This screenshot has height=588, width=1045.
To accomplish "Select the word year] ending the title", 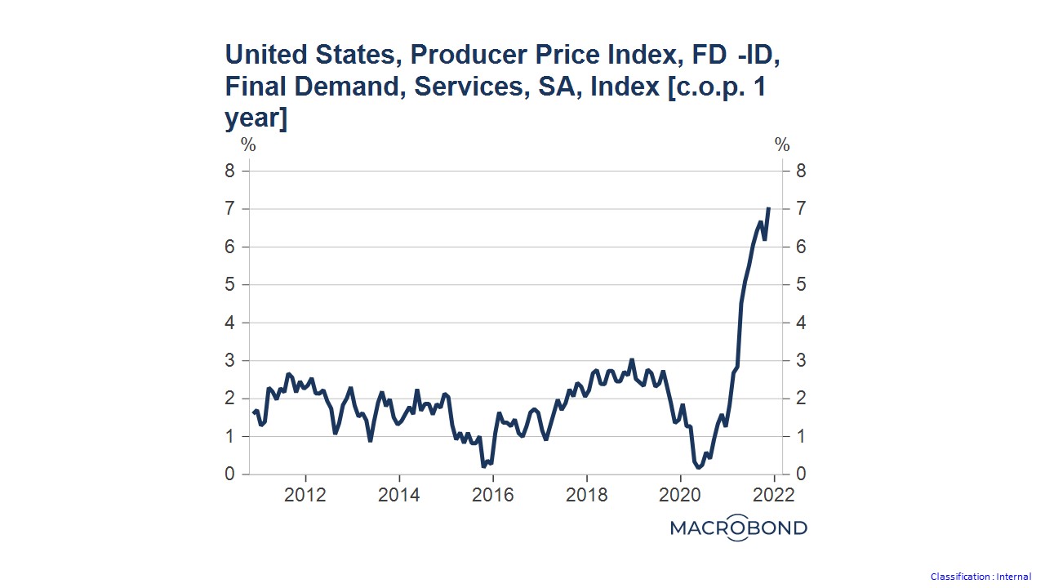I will (x=256, y=118).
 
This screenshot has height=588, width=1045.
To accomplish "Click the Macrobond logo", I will (x=738, y=528).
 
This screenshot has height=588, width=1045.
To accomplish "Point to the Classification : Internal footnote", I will (x=981, y=577).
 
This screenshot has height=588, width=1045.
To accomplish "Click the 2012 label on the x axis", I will (x=305, y=495).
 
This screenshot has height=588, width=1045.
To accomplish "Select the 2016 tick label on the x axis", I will (x=492, y=495).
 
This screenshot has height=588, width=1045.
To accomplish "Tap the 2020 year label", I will (x=680, y=495).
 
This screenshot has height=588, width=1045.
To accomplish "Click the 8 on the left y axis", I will (x=232, y=171).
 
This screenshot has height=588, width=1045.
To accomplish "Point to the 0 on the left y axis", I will (x=232, y=474).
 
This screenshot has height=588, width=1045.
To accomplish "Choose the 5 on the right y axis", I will (x=800, y=285).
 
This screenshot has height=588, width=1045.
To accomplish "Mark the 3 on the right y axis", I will (x=800, y=361).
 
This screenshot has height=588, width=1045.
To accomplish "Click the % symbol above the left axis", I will (x=248, y=145).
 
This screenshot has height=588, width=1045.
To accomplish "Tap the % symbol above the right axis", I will (x=782, y=145).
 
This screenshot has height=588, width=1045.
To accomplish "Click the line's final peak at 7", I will (x=769, y=208).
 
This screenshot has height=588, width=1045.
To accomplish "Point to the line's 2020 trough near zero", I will (x=700, y=467).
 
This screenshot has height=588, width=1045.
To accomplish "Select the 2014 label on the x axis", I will (x=399, y=495).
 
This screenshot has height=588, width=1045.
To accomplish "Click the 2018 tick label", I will (x=586, y=495).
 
